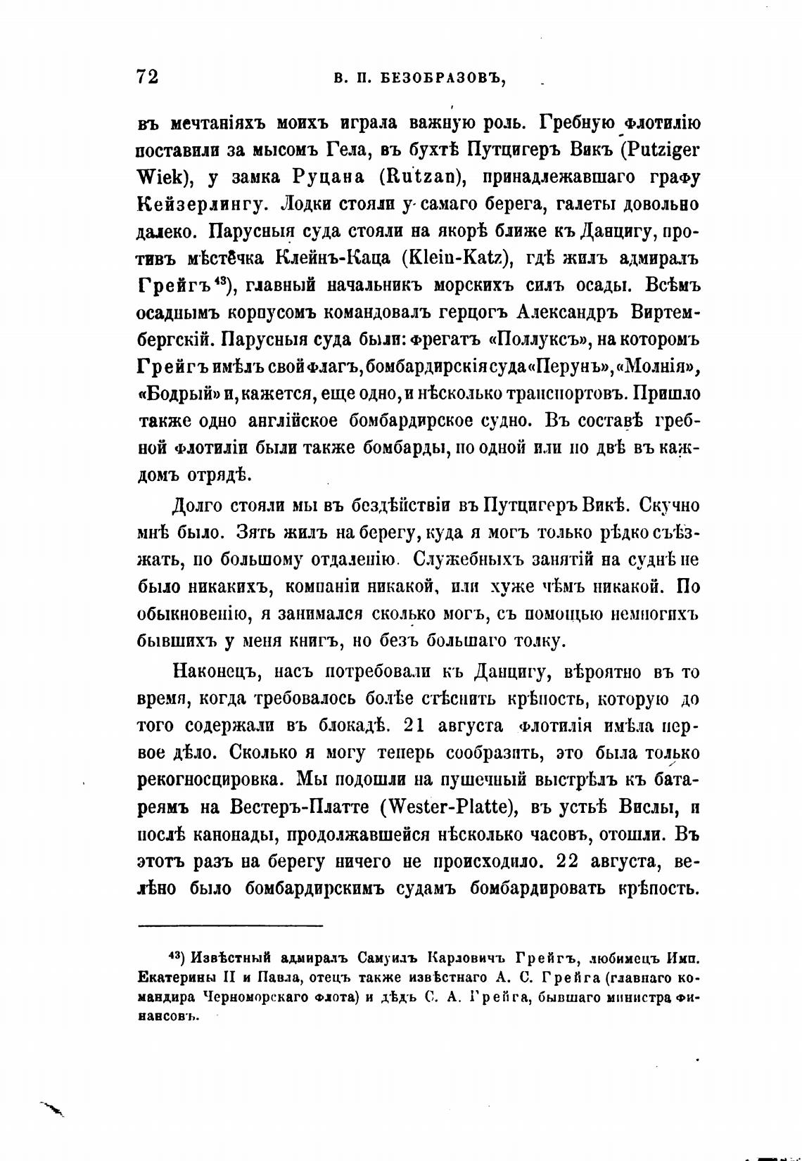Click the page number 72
pyautogui.click(x=147, y=77)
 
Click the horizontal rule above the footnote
pyautogui.click(x=230, y=925)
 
